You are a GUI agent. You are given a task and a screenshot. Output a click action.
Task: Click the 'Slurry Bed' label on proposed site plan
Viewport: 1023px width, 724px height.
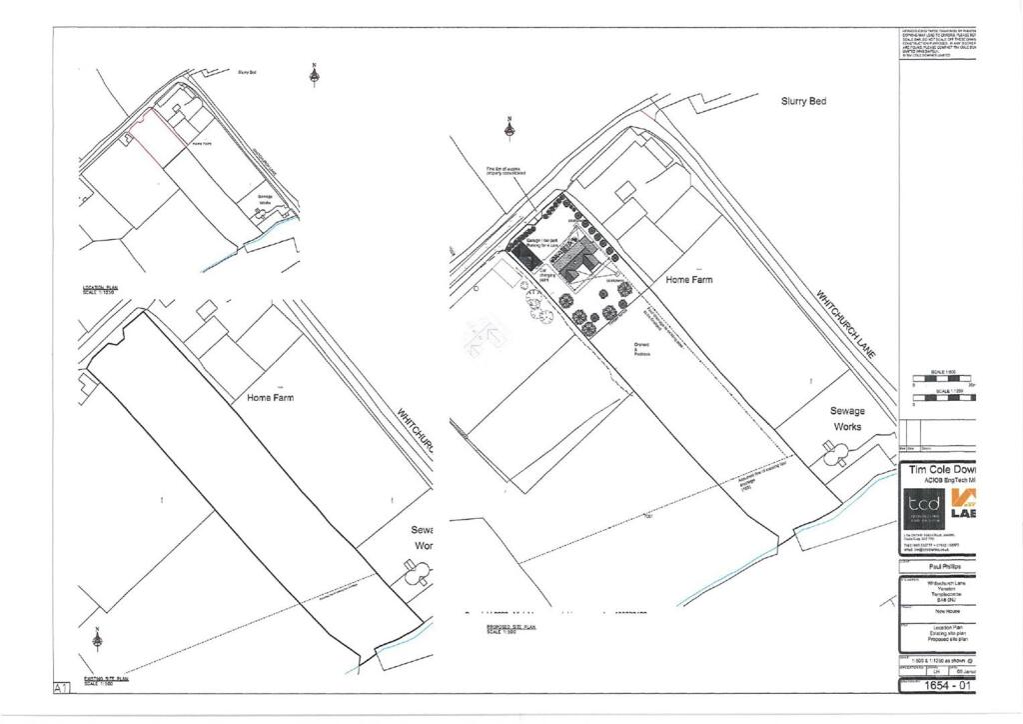(x=803, y=101)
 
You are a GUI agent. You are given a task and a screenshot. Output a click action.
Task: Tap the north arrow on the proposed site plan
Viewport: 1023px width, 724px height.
(x=509, y=128)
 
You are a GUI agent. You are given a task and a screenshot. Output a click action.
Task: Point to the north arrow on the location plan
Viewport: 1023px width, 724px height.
(x=314, y=75)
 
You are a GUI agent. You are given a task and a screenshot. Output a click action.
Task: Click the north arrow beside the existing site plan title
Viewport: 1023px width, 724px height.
(x=97, y=638)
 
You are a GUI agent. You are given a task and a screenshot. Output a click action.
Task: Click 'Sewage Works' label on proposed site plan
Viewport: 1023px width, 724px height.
(x=847, y=418)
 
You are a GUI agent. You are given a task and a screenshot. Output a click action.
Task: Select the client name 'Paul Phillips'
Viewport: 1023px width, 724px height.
(x=937, y=566)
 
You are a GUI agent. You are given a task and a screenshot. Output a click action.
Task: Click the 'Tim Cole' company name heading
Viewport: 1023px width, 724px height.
(x=939, y=469)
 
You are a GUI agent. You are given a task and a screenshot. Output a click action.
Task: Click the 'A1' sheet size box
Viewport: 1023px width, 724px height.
(x=61, y=687)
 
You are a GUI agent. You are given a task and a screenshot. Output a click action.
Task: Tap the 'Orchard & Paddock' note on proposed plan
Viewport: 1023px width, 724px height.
(x=641, y=348)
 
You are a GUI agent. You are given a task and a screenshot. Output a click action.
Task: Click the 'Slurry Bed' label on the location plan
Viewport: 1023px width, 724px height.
(x=247, y=73)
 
